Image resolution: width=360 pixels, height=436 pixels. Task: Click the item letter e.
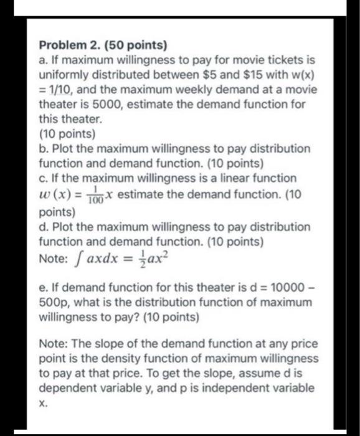(x=42, y=287)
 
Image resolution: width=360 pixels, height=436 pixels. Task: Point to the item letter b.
(x=42, y=149)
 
